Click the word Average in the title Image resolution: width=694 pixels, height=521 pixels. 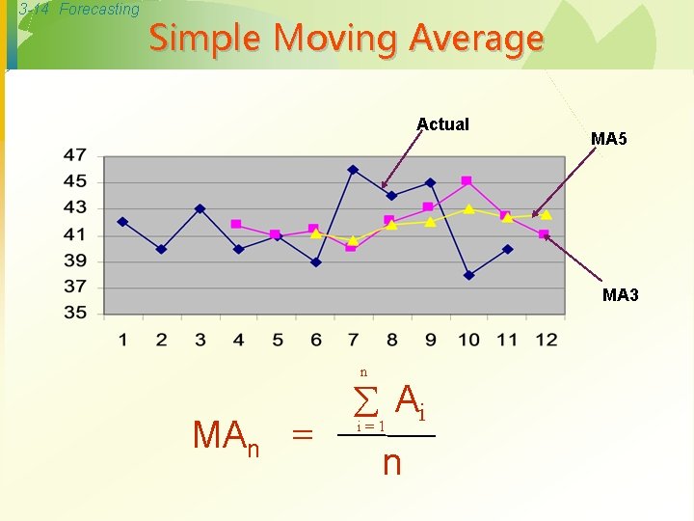pos(476,39)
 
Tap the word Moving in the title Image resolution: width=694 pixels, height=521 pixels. pos(335,39)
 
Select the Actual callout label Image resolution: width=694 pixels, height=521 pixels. pos(442,123)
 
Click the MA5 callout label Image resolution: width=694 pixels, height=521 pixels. pos(608,139)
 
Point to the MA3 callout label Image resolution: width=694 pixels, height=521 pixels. pos(620,295)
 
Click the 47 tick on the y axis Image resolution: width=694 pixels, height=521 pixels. pos(75,154)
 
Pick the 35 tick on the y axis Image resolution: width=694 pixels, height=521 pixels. pos(75,313)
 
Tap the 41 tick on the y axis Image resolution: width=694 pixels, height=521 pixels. pos(75,233)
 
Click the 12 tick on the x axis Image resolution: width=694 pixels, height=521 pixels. pos(546,340)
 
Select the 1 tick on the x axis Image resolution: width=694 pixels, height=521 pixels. pos(122,340)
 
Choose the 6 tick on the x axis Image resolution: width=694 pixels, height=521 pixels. pos(315,340)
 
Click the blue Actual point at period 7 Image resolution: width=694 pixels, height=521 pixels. pos(353,170)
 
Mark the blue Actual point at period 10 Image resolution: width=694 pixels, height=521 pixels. pos(468,275)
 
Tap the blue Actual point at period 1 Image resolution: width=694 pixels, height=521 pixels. pos(122,222)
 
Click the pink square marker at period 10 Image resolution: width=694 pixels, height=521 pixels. pos(467,180)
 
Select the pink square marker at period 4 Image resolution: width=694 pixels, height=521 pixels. pos(236,224)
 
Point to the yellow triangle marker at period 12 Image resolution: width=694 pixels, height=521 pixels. pos(546,215)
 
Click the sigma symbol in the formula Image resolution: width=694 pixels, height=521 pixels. pos(366,399)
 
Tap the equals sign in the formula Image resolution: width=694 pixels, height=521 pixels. pos(302,436)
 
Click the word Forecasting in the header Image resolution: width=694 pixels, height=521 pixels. pos(99,10)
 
